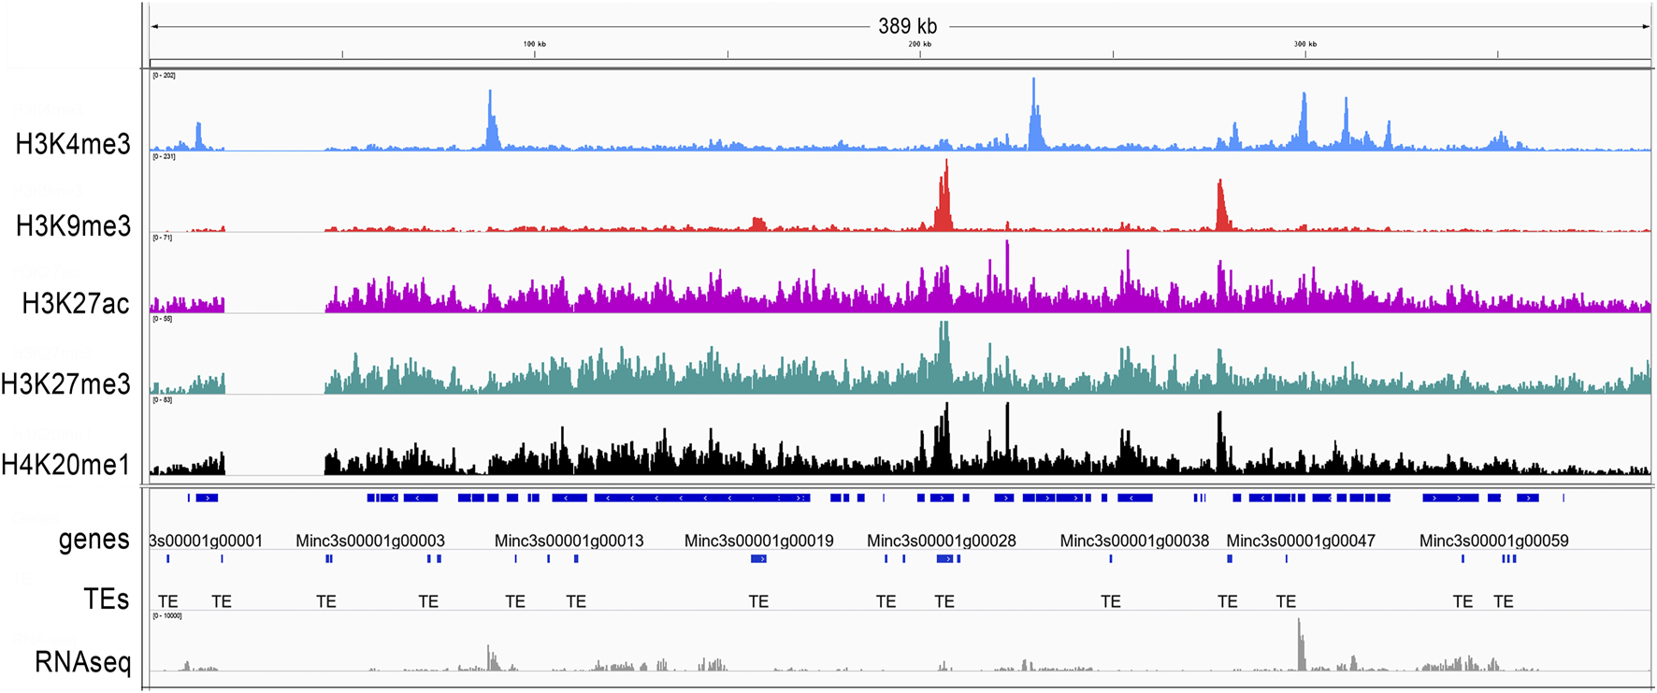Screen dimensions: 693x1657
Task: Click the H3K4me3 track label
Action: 73,144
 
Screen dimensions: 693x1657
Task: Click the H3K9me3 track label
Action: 73,226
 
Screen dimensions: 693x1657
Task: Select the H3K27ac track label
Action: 76,304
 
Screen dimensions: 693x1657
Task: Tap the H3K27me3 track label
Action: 65,384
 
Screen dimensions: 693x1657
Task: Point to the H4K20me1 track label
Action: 65,465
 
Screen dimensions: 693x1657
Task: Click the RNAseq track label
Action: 82,662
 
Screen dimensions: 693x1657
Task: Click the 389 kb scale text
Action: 907,26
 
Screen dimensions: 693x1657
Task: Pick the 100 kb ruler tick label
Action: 534,44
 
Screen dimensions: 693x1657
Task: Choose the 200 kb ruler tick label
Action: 919,44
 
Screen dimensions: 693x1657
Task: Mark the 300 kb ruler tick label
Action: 1304,44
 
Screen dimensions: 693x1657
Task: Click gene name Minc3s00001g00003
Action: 370,541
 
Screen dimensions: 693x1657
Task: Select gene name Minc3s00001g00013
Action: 569,541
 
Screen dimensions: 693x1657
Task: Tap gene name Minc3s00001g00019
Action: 758,541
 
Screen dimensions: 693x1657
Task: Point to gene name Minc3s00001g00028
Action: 941,541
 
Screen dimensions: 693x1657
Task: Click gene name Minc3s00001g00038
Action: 1134,541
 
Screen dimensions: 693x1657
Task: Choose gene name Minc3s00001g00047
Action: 1301,541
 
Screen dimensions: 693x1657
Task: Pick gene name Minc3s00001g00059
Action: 1493,541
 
